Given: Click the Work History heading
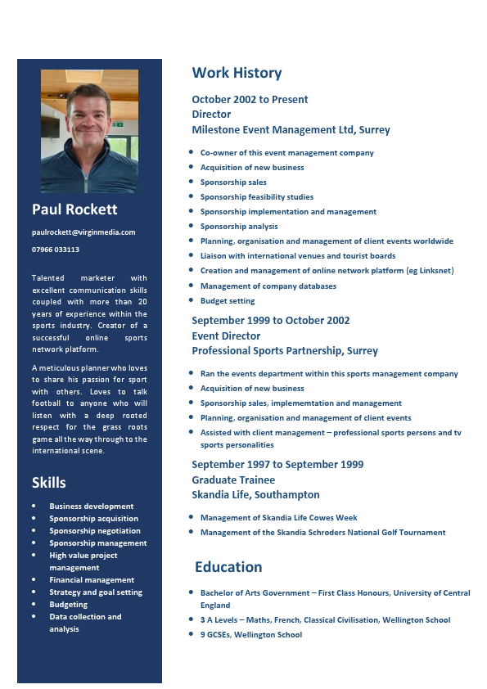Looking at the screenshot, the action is tap(237, 73).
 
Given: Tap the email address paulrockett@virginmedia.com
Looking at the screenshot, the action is tap(83, 232).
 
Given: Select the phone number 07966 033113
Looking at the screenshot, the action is tap(56, 250).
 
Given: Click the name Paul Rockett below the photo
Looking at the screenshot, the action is tap(74, 209).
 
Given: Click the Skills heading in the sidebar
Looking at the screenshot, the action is tap(49, 482).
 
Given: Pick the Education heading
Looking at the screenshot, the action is tap(228, 567).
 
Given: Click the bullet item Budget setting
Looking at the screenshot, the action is tap(228, 301).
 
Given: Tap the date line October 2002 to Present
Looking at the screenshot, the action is tap(250, 99).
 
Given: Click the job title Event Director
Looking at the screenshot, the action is tap(226, 335).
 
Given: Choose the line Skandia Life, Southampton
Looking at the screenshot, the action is tap(255, 494).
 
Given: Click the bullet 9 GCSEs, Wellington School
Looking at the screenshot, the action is tap(251, 635).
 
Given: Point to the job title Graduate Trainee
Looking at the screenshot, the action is tap(233, 480).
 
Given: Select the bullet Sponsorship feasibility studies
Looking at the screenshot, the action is tap(257, 197).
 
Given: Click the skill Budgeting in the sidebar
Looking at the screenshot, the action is tap(69, 605).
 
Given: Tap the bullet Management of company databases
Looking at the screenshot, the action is tap(268, 286).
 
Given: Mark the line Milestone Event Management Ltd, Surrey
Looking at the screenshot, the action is tap(291, 129).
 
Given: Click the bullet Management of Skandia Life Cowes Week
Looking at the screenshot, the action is tap(278, 518).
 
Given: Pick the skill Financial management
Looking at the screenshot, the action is tap(92, 580).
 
